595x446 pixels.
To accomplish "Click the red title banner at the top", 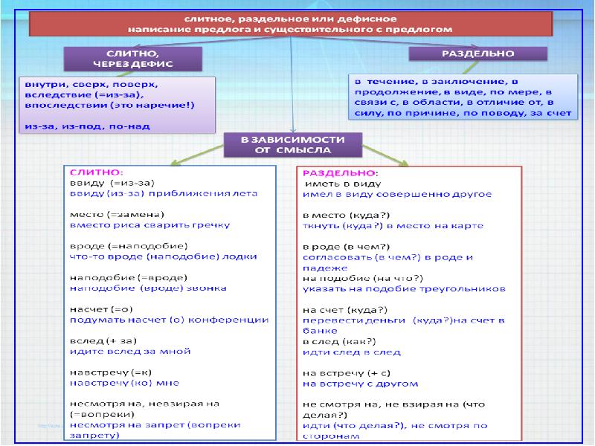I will [293, 25].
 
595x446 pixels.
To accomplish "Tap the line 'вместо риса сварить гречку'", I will [149, 224].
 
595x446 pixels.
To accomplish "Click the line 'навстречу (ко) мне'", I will [124, 384].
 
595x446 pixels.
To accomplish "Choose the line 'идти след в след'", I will [352, 352].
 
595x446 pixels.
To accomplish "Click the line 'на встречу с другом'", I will [360, 384].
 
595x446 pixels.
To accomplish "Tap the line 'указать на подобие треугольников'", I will [405, 288].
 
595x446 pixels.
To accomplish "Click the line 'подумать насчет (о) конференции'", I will [169, 320].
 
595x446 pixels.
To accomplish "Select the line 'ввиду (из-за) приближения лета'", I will [163, 193].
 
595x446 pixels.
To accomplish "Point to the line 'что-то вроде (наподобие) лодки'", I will [163, 256].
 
